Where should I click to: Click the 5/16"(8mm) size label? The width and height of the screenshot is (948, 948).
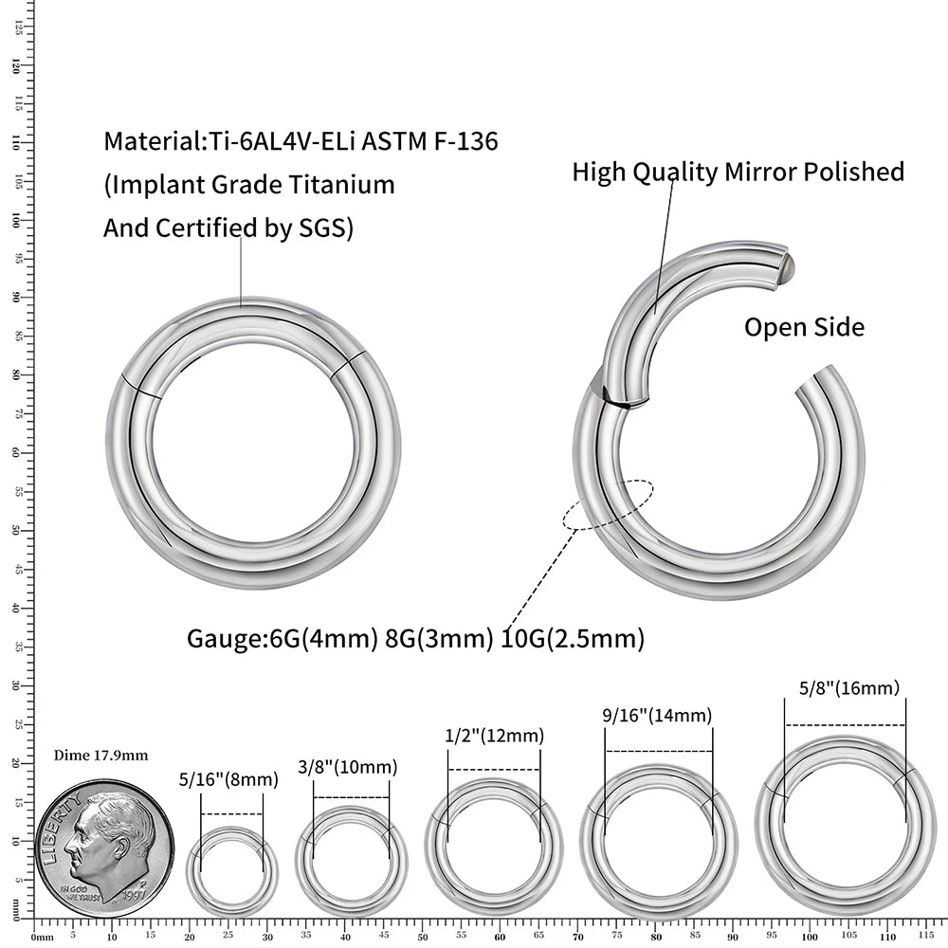(x=228, y=780)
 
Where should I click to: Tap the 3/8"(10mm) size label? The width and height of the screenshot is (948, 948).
(x=347, y=767)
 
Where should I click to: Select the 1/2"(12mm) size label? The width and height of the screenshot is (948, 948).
(x=494, y=736)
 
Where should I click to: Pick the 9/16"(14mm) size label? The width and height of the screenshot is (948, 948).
(x=657, y=716)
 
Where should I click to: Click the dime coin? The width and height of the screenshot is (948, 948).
(x=105, y=842)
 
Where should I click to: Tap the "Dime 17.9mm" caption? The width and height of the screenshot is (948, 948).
(x=100, y=756)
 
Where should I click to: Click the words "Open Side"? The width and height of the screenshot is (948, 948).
(x=804, y=328)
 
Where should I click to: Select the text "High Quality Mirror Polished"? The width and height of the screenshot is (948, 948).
(x=738, y=172)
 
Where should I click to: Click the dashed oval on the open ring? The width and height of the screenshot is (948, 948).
(x=607, y=504)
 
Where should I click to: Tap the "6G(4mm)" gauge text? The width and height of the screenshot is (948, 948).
(x=319, y=639)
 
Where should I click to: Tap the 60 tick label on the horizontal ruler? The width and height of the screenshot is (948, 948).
(x=501, y=938)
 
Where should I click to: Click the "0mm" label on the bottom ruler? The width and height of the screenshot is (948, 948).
(x=42, y=938)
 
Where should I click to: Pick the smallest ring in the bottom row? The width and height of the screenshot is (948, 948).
(x=232, y=870)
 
